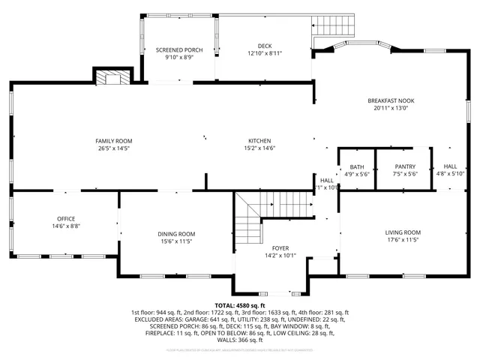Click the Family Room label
[113, 141]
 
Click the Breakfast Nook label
[390, 100]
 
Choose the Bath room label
[356, 166]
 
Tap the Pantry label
[405, 166]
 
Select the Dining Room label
[175, 233]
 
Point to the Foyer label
[280, 247]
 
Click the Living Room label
[403, 232]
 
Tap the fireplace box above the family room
[112, 76]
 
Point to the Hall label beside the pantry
[450, 166]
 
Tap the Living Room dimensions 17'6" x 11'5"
[403, 241]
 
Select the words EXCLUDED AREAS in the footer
[156, 319]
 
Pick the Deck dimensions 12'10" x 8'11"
[263, 54]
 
